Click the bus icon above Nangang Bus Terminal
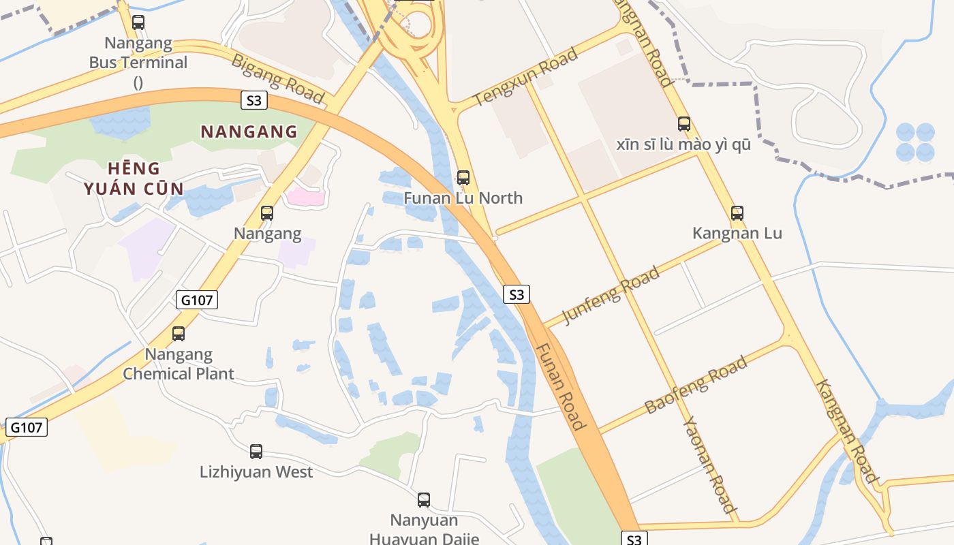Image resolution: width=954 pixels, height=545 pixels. [138, 22]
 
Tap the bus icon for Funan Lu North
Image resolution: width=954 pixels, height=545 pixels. [463, 178]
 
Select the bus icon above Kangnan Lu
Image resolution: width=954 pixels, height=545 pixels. [737, 213]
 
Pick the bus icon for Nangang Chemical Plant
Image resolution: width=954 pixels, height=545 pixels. [179, 334]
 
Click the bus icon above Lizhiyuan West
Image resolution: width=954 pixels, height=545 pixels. [256, 451]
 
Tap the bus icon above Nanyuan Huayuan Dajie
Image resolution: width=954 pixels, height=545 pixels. [424, 500]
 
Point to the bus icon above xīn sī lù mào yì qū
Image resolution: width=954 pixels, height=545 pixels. [684, 124]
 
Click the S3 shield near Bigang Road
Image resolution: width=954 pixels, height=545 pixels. [253, 101]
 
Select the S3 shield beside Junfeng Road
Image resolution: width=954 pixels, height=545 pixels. [517, 294]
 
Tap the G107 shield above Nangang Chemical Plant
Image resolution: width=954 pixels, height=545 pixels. [197, 300]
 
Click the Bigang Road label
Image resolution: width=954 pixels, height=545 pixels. [278, 78]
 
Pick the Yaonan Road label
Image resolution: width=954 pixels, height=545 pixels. [710, 463]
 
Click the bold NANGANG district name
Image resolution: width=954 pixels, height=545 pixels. [249, 131]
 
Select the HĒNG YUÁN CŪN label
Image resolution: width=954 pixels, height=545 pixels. [134, 178]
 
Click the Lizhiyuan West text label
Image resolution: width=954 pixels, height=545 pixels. [256, 471]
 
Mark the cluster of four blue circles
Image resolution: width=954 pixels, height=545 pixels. [915, 142]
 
